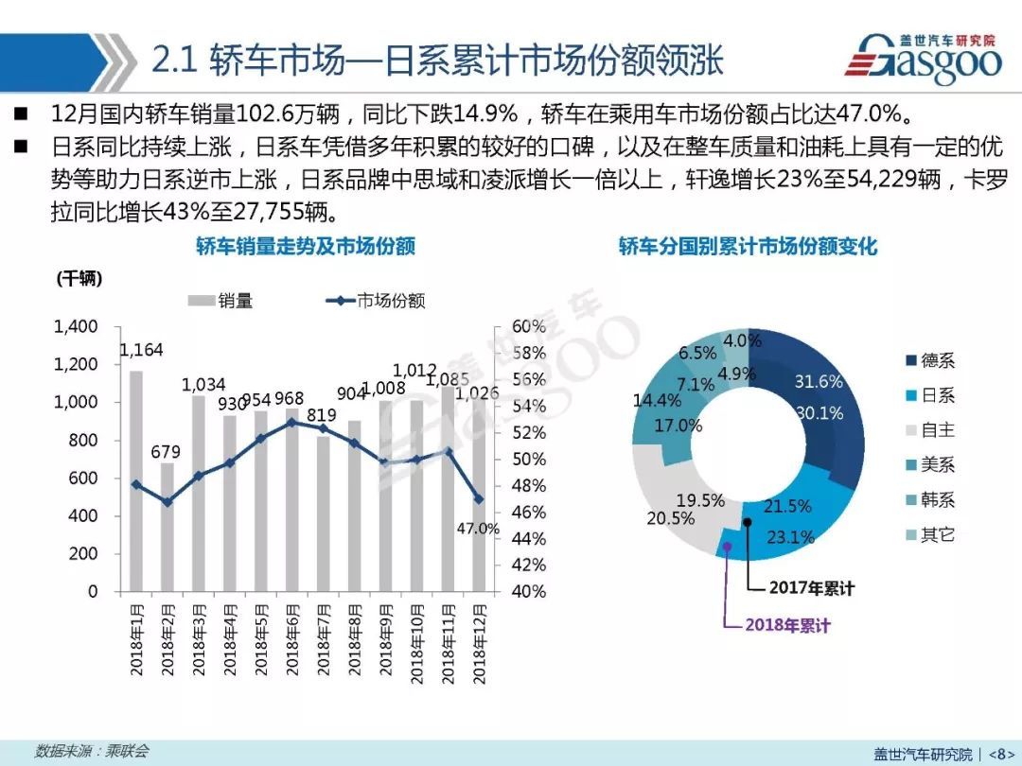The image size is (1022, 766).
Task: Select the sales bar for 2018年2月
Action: tap(167, 527)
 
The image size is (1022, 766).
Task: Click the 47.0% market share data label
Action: tap(478, 529)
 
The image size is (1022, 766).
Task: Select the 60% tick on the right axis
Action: tap(529, 327)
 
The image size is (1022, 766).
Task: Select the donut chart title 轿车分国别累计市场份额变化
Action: tap(748, 247)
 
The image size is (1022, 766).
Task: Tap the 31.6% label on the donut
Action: tap(818, 382)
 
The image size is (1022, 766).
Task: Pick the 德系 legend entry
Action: tap(938, 360)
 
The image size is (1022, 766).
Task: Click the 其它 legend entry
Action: tap(938, 535)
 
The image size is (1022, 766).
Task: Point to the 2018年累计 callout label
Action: tap(787, 625)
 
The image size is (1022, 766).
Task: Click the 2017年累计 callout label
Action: tap(811, 588)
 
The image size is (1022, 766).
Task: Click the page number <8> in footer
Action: tap(1001, 754)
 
